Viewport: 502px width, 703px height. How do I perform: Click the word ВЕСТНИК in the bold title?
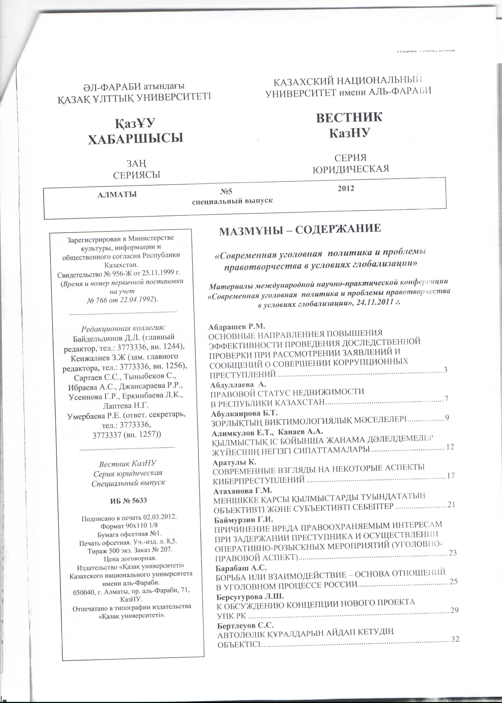click(x=349, y=118)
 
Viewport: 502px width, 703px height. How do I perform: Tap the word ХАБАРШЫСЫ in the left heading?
click(x=135, y=138)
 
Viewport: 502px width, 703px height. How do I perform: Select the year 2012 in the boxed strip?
click(x=346, y=188)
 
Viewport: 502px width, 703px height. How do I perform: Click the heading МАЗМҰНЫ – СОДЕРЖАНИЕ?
click(x=300, y=229)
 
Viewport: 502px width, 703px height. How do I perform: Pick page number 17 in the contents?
click(x=451, y=475)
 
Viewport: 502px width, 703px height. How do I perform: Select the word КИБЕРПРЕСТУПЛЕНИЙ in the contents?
click(x=259, y=480)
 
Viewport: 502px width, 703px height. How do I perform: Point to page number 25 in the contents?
click(x=453, y=581)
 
